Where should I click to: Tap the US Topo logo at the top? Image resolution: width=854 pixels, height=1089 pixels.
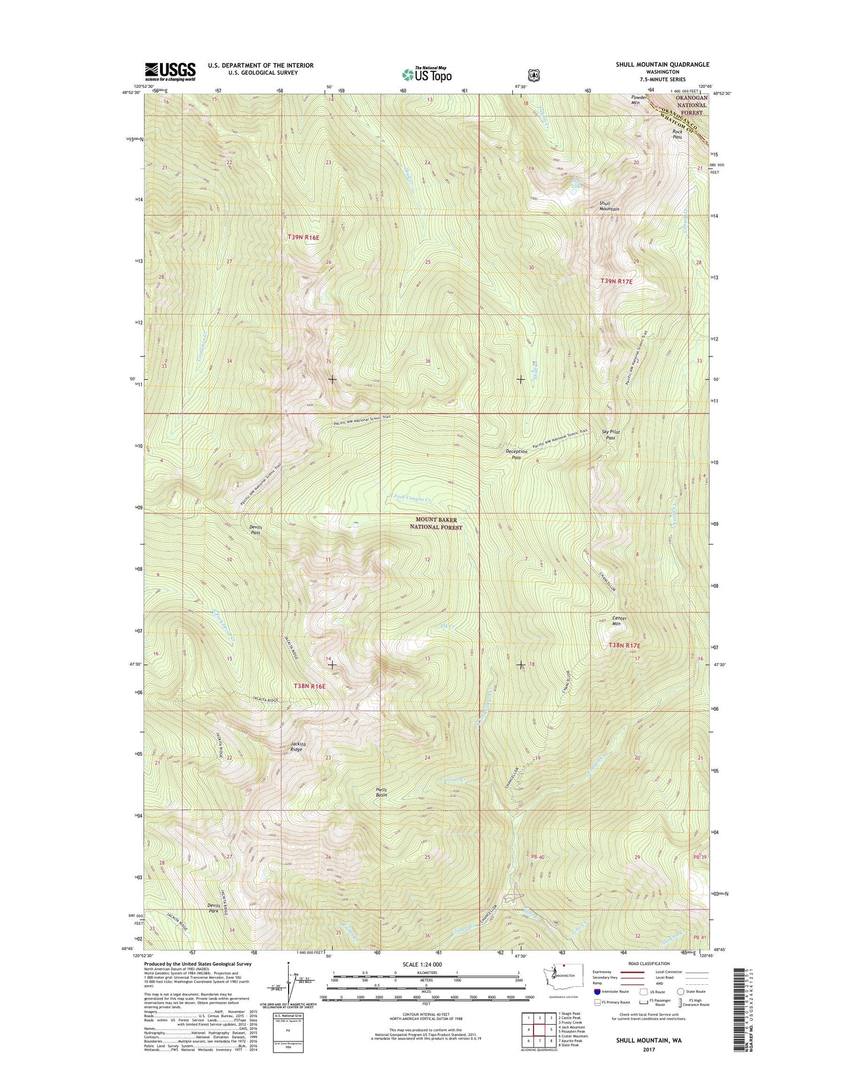coord(427,73)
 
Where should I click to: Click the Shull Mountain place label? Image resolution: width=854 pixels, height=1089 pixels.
coord(609,206)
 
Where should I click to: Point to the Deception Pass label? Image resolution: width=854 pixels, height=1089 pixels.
coord(516,454)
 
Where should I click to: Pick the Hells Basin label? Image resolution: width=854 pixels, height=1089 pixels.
coord(381,792)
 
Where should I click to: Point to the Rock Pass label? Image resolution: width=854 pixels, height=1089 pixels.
coord(677,134)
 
